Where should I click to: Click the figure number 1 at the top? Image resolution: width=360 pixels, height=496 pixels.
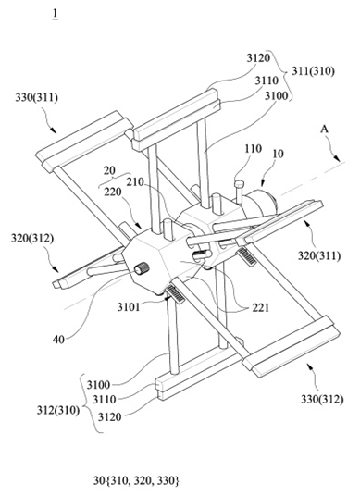click(56, 14)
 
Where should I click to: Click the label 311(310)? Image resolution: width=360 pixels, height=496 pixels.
click(313, 71)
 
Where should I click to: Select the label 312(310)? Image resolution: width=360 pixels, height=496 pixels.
click(58, 410)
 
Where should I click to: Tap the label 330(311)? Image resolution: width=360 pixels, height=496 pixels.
click(37, 98)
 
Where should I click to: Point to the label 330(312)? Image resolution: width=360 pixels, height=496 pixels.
click(322, 400)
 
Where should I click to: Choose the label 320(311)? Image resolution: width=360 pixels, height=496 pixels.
click(319, 255)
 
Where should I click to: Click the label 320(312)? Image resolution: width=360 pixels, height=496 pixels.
click(32, 238)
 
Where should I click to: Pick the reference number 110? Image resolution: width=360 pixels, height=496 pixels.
click(253, 148)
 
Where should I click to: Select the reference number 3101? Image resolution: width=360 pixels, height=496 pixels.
click(129, 307)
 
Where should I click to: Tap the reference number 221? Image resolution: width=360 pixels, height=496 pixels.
click(261, 307)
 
